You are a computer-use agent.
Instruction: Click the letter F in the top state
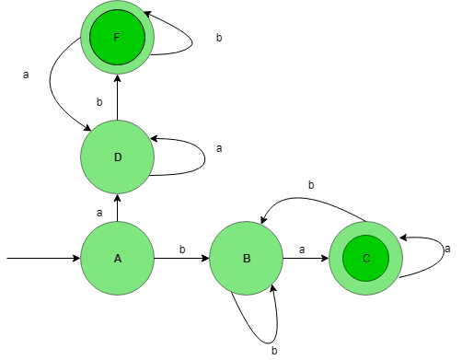coord(117,38)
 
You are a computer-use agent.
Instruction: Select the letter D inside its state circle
coord(118,157)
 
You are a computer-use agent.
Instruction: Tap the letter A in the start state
coord(118,259)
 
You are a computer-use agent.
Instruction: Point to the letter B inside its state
coord(247,259)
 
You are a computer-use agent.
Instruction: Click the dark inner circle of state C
coord(366,258)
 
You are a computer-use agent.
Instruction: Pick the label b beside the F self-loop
coord(219,38)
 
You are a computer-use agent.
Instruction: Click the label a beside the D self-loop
coord(219,148)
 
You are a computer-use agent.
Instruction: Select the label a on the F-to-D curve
coord(26,75)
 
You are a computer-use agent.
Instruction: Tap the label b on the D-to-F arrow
coord(99,102)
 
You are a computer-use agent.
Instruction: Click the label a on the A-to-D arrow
coord(99,213)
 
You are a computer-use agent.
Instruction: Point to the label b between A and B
coord(182,250)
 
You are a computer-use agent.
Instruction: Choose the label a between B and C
coord(302,250)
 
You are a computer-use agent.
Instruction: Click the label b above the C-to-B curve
coord(311,185)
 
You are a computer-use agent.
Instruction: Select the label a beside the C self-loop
coord(447,249)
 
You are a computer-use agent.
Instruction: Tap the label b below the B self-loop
coord(274,351)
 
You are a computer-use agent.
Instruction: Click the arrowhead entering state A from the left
coord(76,258)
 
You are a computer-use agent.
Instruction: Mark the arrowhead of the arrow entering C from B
coord(325,258)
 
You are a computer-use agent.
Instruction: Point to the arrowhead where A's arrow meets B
coord(205,258)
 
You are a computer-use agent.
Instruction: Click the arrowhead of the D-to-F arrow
coord(117,78)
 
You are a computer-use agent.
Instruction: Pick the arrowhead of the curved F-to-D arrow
coord(87,128)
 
